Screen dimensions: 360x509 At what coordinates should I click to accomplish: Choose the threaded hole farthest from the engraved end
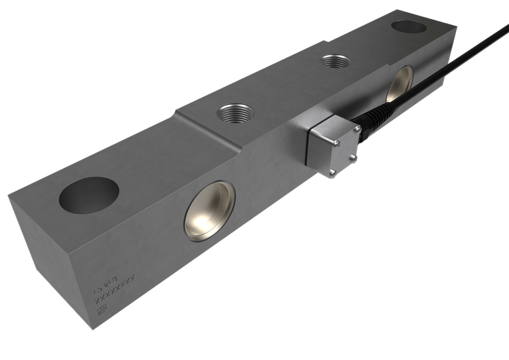334,62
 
